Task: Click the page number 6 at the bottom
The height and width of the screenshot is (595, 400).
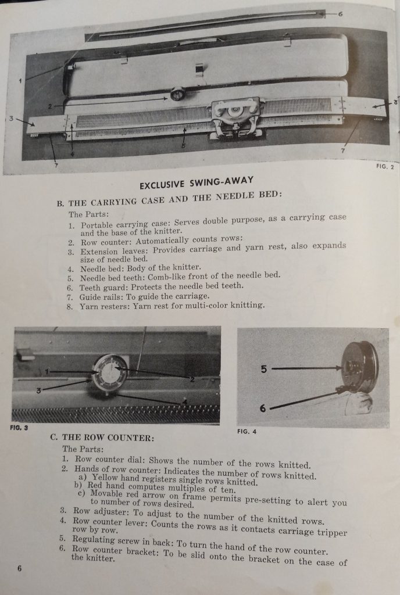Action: pos(19,568)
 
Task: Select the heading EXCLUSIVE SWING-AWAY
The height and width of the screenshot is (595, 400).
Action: pos(197,185)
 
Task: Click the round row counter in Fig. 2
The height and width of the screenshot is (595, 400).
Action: pos(177,94)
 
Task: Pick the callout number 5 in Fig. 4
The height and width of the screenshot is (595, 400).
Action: pos(263,368)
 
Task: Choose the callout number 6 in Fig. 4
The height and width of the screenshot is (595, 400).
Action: pos(263,408)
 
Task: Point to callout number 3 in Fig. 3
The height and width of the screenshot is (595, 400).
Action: pos(38,390)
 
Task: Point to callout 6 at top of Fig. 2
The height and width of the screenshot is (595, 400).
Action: pos(340,13)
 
